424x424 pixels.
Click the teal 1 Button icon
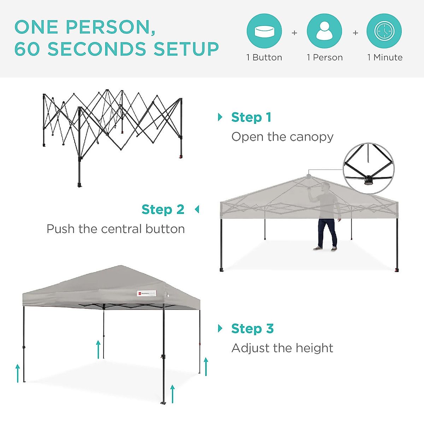264,31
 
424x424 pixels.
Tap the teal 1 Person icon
324,31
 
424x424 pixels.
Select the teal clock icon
384,31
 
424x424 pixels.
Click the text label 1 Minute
385,57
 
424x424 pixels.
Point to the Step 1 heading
251,117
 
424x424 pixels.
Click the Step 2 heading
163,209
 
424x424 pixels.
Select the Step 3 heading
252,328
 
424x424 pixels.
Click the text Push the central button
116,229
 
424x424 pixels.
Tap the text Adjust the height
282,348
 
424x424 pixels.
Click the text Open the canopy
282,137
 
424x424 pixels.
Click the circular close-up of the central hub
369,168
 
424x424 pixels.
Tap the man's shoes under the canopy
325,249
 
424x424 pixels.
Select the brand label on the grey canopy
147,293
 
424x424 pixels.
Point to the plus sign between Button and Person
294,33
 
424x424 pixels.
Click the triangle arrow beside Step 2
197,210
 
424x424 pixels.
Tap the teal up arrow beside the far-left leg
18,373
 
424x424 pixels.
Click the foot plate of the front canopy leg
163,403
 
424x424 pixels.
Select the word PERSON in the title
110,27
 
